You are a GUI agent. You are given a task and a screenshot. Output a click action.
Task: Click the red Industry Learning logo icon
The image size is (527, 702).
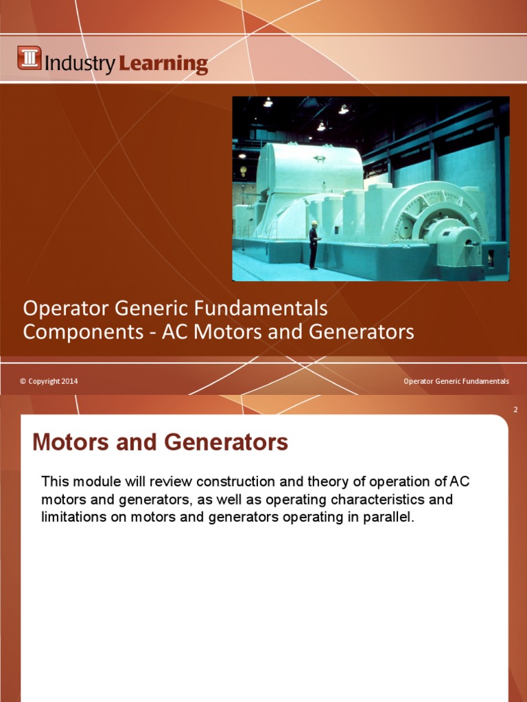pyautogui.click(x=30, y=58)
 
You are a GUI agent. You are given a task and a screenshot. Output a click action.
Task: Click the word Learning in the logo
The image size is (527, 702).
pyautogui.click(x=163, y=64)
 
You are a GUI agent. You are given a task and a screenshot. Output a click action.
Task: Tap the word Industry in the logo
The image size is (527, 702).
pyautogui.click(x=80, y=64)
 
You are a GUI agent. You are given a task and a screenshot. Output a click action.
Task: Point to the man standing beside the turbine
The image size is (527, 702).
pyautogui.click(x=314, y=245)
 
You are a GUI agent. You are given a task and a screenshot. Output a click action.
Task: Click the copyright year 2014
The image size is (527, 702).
pyautogui.click(x=70, y=381)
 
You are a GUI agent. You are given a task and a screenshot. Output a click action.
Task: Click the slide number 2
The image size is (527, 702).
pyautogui.click(x=515, y=410)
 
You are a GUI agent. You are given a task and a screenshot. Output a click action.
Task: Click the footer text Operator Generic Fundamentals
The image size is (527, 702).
pyautogui.click(x=456, y=381)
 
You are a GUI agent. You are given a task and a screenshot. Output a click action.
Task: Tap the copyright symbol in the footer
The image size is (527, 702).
pyautogui.click(x=23, y=381)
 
